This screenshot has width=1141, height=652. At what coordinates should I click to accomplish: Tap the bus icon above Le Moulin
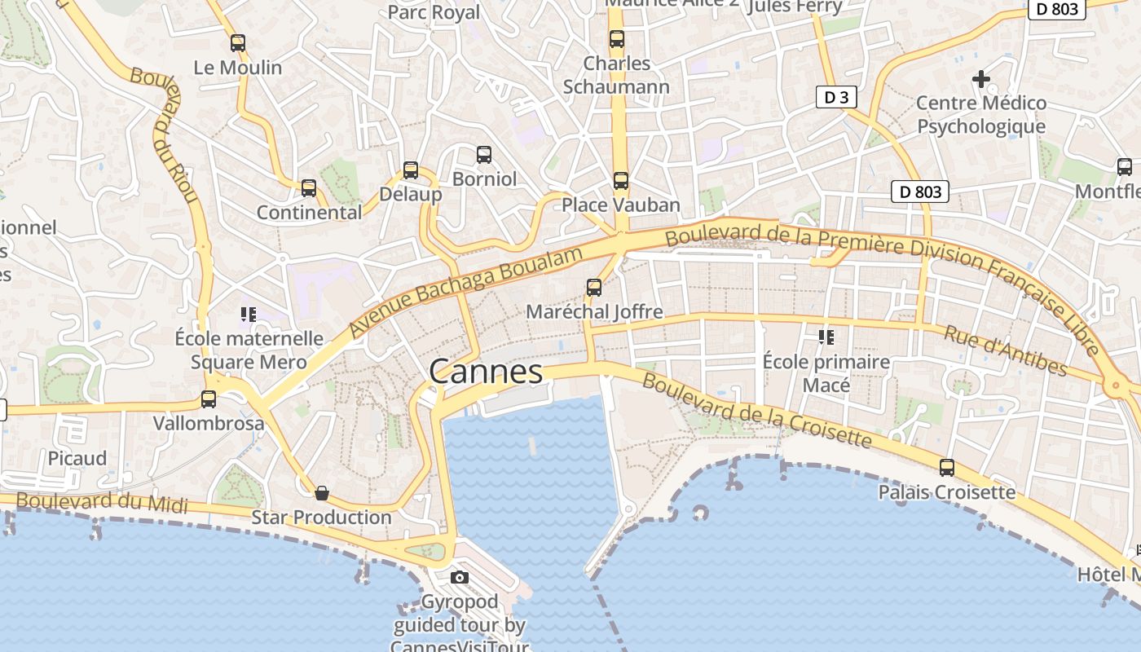coord(238,43)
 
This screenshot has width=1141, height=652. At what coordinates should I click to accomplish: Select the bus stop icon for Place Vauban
coord(621,181)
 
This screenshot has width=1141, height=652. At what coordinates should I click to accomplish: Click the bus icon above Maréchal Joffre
coord(594,288)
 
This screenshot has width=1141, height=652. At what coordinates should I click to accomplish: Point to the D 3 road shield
coord(836,98)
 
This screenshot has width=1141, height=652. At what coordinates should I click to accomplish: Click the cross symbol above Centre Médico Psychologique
coord(981,79)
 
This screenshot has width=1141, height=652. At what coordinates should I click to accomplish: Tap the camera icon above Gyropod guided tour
coord(460,578)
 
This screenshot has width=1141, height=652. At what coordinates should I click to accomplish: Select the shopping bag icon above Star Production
coord(322,493)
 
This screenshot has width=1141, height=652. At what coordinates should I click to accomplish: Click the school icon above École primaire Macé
coord(826,337)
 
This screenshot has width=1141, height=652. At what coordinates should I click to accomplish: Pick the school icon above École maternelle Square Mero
coord(249,314)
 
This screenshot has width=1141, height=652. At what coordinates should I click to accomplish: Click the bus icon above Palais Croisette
coord(947,468)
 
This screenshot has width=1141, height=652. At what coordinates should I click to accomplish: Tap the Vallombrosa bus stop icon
coord(209,399)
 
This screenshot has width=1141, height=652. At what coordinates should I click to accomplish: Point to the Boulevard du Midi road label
coord(103,501)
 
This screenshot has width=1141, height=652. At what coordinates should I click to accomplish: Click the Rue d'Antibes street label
coord(1006,350)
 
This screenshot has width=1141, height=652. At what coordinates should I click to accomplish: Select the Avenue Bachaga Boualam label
coord(467,292)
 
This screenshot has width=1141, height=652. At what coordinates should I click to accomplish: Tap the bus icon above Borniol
coord(484,154)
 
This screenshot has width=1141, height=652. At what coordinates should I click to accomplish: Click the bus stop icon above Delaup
coord(411,170)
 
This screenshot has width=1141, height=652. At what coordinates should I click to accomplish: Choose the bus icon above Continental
coord(309,188)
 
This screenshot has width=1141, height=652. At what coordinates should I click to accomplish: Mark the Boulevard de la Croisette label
coord(756,411)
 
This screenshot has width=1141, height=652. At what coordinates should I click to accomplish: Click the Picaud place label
coord(77,458)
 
